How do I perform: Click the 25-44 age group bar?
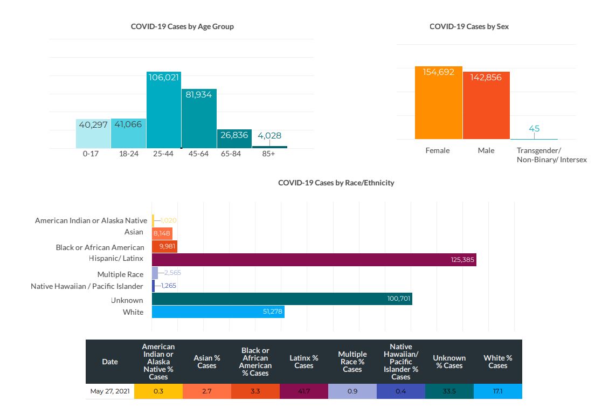point(164,110)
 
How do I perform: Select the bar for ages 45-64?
point(199,119)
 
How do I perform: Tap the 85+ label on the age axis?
point(268,154)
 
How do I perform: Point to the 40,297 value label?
point(93,125)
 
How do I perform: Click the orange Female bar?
point(438,103)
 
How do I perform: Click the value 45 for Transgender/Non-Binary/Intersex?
point(534,129)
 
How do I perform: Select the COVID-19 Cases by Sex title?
point(469,26)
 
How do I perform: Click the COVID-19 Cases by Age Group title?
point(182,26)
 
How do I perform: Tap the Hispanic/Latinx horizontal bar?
point(314,260)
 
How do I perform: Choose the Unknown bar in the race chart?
point(282,299)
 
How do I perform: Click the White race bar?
point(218,312)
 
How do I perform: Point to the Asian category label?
point(134,232)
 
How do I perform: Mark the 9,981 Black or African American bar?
point(164,246)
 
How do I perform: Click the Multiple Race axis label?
point(120,274)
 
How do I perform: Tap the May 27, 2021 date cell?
point(110,391)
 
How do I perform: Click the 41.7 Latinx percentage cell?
point(303,391)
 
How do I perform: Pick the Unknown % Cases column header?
point(449,362)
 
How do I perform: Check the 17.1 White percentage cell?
point(497,391)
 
